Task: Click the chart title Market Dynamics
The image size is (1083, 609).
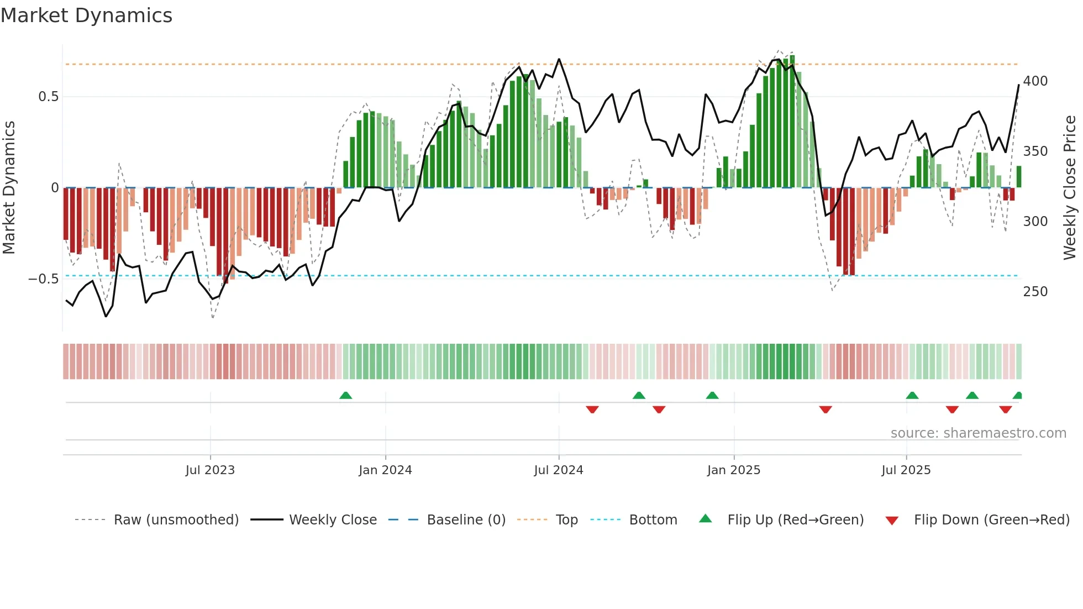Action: click(x=86, y=15)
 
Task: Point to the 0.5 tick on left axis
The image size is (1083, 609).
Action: click(x=48, y=97)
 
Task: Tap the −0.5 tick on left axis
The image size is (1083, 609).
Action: click(x=44, y=279)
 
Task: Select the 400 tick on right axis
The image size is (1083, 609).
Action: click(x=1035, y=81)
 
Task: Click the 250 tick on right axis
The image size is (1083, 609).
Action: click(x=1035, y=292)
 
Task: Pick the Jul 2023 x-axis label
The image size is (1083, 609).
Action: click(x=210, y=470)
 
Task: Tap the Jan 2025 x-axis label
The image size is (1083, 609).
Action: click(x=733, y=470)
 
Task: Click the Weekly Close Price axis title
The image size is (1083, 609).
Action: click(x=1070, y=188)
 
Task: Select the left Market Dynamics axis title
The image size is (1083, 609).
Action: click(x=9, y=188)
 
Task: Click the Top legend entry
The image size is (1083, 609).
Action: click(x=566, y=520)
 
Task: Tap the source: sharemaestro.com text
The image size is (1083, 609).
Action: click(x=978, y=433)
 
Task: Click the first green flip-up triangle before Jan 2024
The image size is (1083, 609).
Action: click(x=345, y=396)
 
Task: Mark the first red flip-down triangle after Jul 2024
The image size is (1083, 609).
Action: click(x=592, y=410)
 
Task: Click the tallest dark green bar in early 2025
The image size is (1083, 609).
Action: click(x=792, y=122)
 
